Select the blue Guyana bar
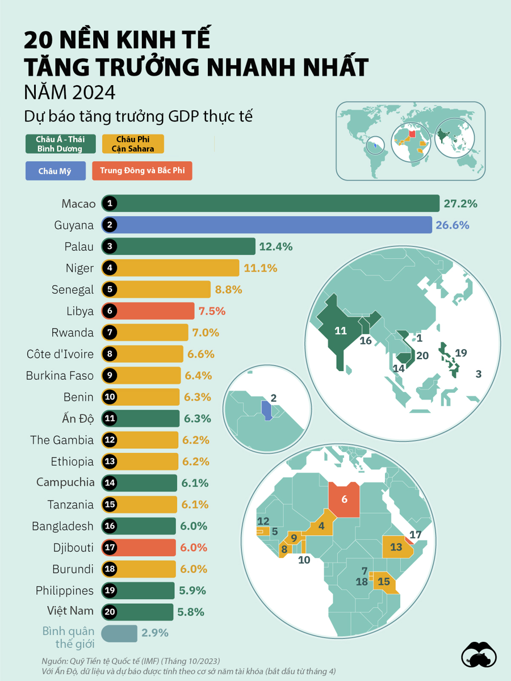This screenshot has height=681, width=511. pyautogui.click(x=267, y=225)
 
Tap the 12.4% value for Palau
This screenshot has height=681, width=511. pyautogui.click(x=275, y=247)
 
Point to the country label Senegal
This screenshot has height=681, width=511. pyautogui.click(x=72, y=289)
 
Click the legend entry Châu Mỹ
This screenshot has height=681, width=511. pyautogui.click(x=55, y=171)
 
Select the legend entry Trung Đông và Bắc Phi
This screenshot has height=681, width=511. pyautogui.click(x=142, y=171)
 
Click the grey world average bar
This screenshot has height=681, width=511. pyautogui.click(x=119, y=633)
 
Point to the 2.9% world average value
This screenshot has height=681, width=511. pyautogui.click(x=154, y=633)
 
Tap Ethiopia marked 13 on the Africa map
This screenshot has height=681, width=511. pyautogui.click(x=396, y=548)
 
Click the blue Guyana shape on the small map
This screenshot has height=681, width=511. pyautogui.click(x=266, y=409)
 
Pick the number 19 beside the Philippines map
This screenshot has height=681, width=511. pyautogui.click(x=460, y=353)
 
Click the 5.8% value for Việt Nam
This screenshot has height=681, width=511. pyautogui.click(x=191, y=612)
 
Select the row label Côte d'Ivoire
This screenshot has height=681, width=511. pyautogui.click(x=60, y=354)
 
